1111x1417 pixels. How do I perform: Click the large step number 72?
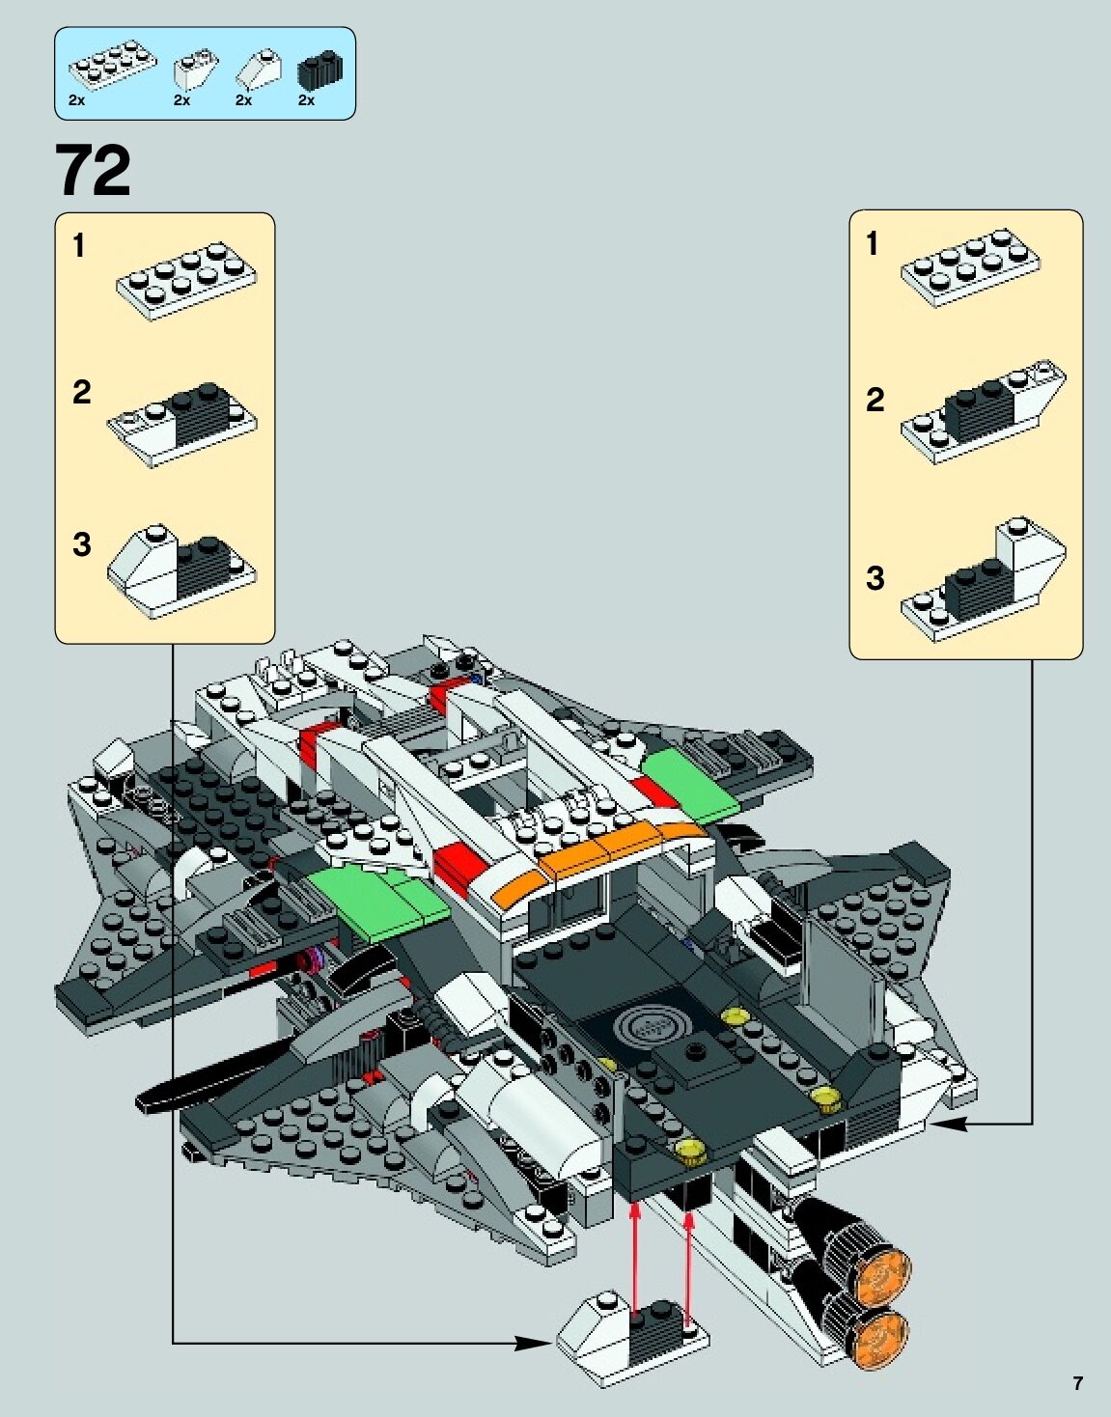93,170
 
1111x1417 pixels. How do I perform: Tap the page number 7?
1078,1382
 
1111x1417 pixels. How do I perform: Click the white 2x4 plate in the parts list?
112,66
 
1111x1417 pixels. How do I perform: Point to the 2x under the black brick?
306,100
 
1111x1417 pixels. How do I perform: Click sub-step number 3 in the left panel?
81,544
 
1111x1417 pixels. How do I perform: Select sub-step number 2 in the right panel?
875,399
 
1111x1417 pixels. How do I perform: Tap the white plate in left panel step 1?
186,281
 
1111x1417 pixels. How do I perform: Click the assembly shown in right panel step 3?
984,580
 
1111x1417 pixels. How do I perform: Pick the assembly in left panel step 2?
181,425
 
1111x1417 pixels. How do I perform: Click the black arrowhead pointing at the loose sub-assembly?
534,1344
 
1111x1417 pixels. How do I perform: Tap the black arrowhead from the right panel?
952,1123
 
